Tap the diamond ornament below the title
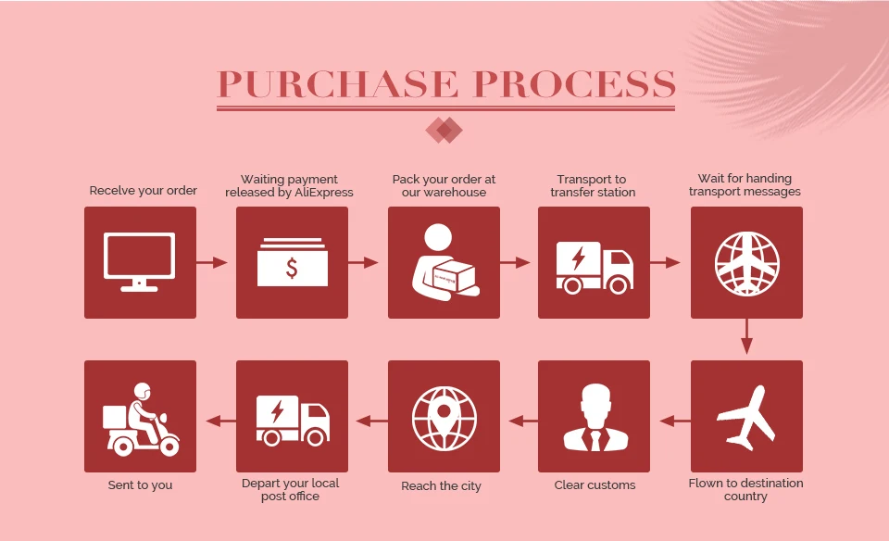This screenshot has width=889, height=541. pyautogui.click(x=444, y=130)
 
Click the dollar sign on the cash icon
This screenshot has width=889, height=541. pyautogui.click(x=292, y=269)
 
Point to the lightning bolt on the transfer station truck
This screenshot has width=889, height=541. pyautogui.click(x=579, y=258)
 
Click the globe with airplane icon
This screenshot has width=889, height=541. pyautogui.click(x=746, y=262)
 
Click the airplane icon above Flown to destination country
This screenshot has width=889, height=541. pyautogui.click(x=746, y=417)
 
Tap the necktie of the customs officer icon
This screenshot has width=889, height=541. pyautogui.click(x=595, y=439)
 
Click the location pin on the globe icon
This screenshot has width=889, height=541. pyautogui.click(x=444, y=409)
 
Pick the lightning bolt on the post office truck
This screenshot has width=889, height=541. pyautogui.click(x=276, y=410)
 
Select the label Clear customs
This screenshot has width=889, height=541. pyautogui.click(x=595, y=485)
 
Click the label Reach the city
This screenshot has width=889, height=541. pyautogui.click(x=441, y=486)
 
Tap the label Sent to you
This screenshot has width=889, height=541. pyautogui.click(x=141, y=485)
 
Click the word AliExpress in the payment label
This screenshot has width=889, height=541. pyautogui.click(x=325, y=193)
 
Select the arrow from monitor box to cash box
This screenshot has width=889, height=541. pyautogui.click(x=212, y=263)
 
